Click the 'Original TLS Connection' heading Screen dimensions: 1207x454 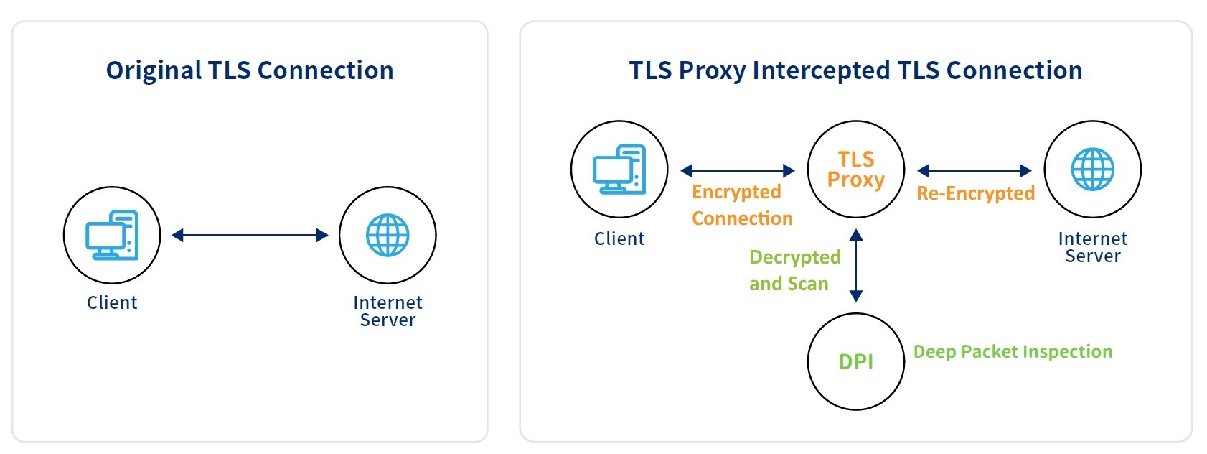coord(250,71)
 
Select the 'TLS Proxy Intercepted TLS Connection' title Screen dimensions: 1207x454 coord(855,71)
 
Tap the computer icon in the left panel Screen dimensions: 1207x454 coord(112,235)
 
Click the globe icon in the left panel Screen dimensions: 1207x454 coord(388,235)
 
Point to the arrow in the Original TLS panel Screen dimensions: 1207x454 coord(250,235)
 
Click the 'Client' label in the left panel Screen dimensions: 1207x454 coord(112,302)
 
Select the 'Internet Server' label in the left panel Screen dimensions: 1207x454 coord(388,311)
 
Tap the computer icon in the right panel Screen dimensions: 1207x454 coord(619,170)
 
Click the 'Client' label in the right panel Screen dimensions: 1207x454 coord(619,238)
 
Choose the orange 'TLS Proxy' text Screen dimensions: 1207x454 coord(855,170)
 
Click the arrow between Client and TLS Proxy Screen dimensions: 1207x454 coord(738,171)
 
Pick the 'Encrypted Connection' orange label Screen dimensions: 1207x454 coord(742,205)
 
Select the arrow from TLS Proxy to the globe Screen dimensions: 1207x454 coord(974,171)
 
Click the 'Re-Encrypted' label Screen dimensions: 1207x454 coord(976,193)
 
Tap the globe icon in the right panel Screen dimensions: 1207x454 coord(1093,170)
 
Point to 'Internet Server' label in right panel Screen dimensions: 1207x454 coord(1093,247)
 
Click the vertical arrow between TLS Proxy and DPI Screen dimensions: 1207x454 coord(856,265)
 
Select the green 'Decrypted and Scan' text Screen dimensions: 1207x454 coord(795,270)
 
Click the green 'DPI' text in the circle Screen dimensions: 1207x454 coord(855,362)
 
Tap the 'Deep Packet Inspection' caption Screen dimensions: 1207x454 coord(1013,352)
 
